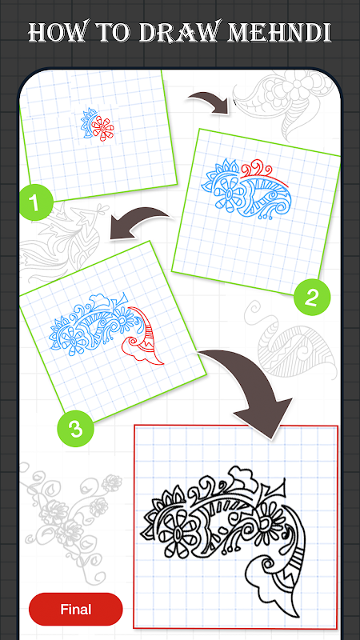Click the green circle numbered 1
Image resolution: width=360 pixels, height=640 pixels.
click(36, 203)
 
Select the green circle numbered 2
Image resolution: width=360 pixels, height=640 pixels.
click(311, 298)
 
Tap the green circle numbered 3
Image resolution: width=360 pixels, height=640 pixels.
click(75, 429)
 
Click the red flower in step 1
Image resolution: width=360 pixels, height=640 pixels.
click(102, 128)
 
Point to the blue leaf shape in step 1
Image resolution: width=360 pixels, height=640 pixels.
click(87, 122)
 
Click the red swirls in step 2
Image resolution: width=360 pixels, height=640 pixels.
click(258, 168)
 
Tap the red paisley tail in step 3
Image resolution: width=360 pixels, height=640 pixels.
click(142, 335)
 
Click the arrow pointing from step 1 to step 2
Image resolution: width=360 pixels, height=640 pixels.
click(209, 102)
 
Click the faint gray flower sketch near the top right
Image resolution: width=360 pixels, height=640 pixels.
click(292, 87)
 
